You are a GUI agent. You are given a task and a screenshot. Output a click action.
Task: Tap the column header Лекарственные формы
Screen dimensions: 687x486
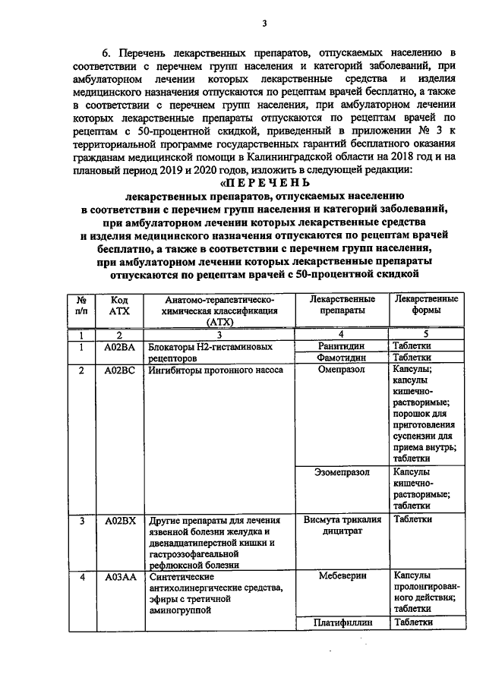click(x=424, y=305)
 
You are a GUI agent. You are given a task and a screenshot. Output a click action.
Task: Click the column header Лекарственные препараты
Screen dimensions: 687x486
click(x=344, y=305)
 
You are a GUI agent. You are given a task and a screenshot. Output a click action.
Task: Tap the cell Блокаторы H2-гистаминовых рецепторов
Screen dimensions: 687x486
click(x=209, y=351)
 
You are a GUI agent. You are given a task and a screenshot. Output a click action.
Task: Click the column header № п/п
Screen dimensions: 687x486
click(x=80, y=305)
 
